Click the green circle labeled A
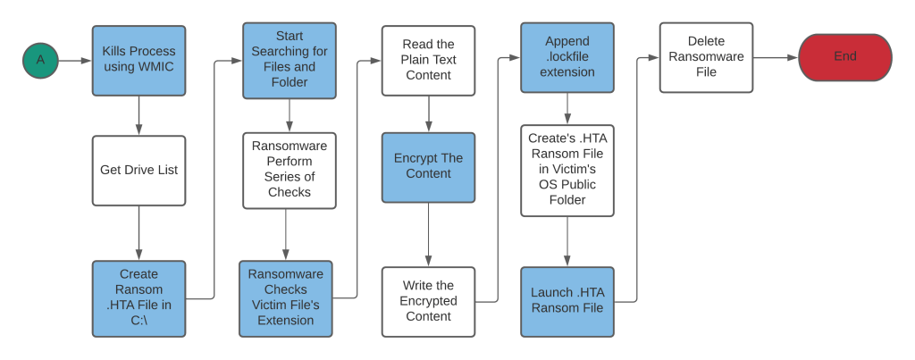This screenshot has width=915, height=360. (40, 60)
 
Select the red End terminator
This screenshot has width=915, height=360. (844, 57)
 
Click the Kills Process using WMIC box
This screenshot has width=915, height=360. (139, 60)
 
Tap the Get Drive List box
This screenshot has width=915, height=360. (139, 170)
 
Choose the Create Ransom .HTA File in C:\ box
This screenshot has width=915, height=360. (139, 298)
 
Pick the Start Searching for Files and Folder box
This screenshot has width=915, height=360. (290, 60)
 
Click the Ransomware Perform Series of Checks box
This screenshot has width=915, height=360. (290, 170)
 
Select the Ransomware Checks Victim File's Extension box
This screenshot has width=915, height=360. (286, 298)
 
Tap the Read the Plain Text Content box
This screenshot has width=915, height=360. (428, 60)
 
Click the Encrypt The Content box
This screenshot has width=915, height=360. (428, 166)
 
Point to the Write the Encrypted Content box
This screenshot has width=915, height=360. (428, 301)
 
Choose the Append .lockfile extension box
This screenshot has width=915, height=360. (567, 57)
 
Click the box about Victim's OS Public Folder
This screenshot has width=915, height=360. (567, 170)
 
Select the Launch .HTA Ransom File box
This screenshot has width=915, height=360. (567, 301)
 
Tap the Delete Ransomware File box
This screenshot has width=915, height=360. (706, 57)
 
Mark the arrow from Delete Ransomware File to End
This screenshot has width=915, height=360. (775, 57)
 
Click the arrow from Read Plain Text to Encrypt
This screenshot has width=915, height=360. (428, 113)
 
